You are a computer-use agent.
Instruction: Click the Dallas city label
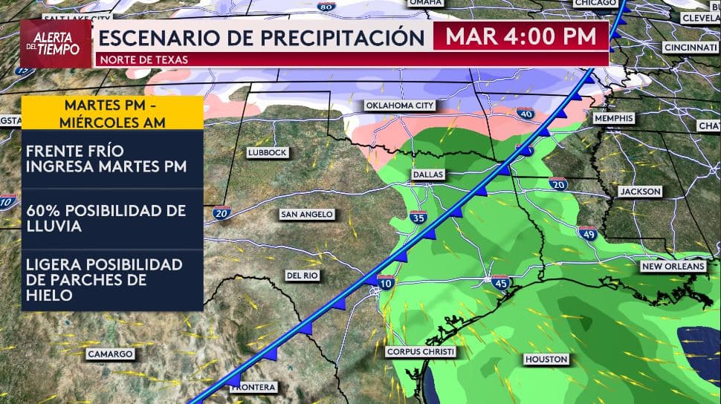[427, 174]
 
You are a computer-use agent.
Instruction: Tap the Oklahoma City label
[400, 105]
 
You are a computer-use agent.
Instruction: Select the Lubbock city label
[267, 152]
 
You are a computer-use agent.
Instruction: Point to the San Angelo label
[306, 214]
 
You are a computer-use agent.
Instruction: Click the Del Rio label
[302, 276]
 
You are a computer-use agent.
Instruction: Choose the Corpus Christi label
[420, 351]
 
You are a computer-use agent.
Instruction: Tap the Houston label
[546, 359]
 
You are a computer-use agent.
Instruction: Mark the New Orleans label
[673, 266]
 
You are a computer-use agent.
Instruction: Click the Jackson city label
[640, 191]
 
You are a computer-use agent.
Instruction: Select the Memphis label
[613, 118]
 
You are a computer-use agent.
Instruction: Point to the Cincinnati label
[691, 47]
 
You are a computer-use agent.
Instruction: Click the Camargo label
[110, 353]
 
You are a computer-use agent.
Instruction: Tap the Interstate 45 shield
[499, 281]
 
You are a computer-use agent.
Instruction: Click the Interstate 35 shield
[418, 217]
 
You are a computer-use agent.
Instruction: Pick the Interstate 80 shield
[325, 7]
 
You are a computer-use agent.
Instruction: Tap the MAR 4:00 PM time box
[520, 36]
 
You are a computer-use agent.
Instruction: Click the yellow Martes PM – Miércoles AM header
[111, 112]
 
